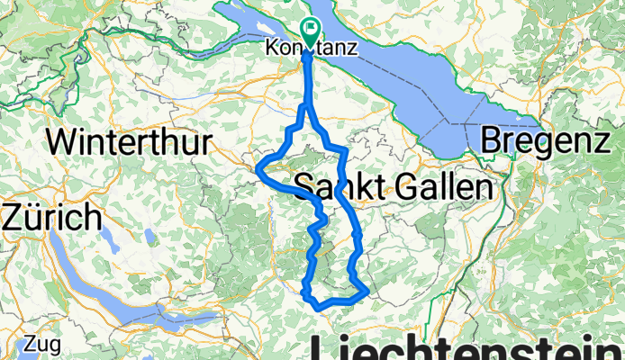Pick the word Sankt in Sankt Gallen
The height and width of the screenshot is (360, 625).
(333, 188)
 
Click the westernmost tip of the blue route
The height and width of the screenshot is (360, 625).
(258, 168)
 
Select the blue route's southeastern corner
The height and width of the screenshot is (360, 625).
(366, 292)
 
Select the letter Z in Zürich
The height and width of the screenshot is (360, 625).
(15, 217)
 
